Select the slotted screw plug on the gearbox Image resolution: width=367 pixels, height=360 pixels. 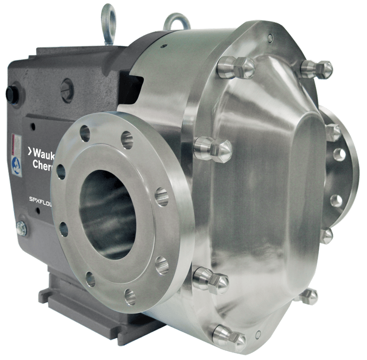point(67,90)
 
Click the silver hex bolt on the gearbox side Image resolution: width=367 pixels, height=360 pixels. point(21,227)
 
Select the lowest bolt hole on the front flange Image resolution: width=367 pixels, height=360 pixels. point(130,296)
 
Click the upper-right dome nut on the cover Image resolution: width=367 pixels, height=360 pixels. point(318,68)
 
